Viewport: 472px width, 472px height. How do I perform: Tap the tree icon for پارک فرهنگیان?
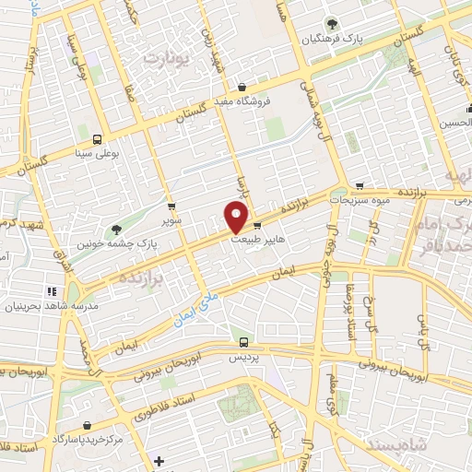tap(331, 25)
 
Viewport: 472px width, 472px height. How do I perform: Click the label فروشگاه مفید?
tap(242, 101)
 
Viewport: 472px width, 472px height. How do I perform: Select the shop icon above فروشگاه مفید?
tap(242, 87)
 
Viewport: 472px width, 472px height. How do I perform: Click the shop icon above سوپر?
tap(171, 206)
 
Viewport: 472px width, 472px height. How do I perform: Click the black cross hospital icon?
tap(159, 459)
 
